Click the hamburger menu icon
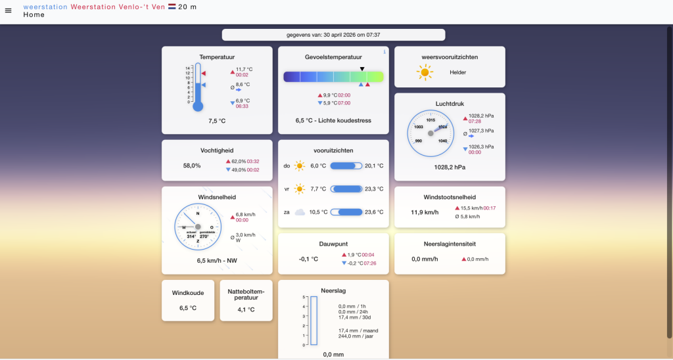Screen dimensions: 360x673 click(x=9, y=11)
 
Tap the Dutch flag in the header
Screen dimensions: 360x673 click(x=172, y=7)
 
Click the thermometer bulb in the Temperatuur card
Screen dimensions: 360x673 click(x=198, y=106)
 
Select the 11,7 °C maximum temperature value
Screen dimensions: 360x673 click(x=244, y=69)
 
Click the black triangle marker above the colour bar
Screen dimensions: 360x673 click(x=362, y=68)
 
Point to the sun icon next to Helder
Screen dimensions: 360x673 click(x=425, y=72)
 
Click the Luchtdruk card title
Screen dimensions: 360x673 click(x=450, y=103)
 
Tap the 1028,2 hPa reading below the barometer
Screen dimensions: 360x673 click(x=450, y=167)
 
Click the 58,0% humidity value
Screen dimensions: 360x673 click(x=192, y=166)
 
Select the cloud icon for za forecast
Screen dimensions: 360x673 click(x=300, y=212)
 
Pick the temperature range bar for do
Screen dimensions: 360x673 click(x=346, y=166)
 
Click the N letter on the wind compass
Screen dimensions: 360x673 click(x=198, y=214)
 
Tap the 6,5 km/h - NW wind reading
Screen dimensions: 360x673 click(x=217, y=261)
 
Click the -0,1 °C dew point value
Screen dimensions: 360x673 click(x=308, y=259)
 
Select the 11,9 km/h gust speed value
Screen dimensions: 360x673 click(x=425, y=212)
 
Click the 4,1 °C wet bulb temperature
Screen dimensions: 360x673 click(x=246, y=309)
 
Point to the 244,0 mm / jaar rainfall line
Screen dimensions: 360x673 click(x=358, y=336)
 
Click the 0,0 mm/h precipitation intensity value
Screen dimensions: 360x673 click(x=425, y=259)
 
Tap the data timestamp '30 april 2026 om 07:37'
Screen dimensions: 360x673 click(x=348, y=35)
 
